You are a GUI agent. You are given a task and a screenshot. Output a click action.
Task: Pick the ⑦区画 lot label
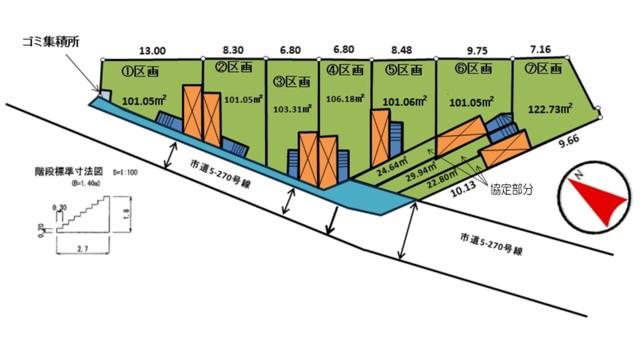point(544,71)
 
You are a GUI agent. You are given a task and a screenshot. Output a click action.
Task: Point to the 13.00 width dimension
point(153,47)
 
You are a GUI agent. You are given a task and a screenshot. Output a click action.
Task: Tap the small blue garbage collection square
point(105,95)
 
